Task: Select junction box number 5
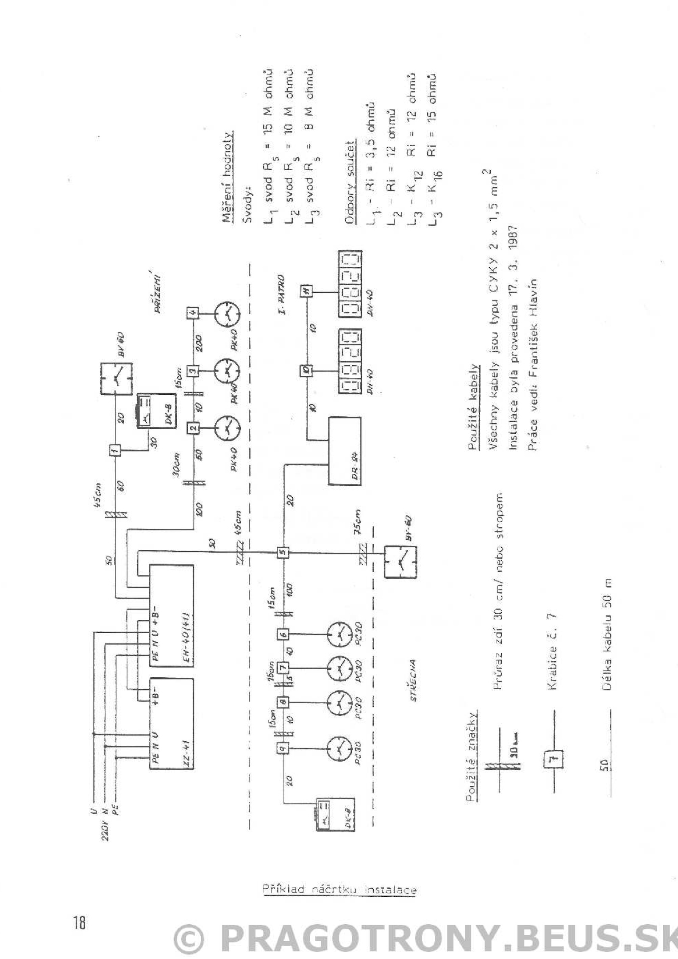[283, 552]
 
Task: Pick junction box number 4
[193, 314]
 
